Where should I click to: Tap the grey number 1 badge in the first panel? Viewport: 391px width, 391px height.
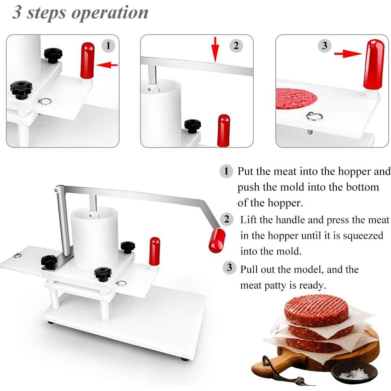point(109,46)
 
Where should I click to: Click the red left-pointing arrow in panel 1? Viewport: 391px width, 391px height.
point(107,65)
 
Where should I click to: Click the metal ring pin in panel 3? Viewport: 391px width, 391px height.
point(314,116)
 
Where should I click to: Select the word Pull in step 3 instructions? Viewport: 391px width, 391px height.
point(250,269)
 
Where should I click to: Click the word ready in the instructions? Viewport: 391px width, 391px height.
point(312,285)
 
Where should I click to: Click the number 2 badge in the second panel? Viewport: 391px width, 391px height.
point(236,46)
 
